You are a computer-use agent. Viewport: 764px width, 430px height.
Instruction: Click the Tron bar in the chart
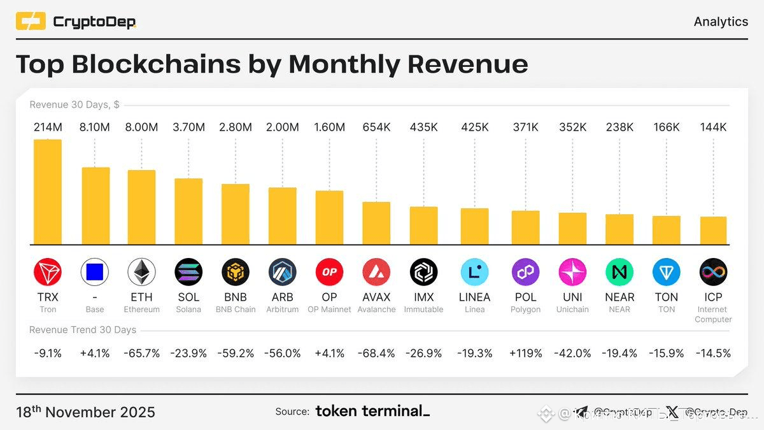[x=48, y=192]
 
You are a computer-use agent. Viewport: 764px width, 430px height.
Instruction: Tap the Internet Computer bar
[x=713, y=231]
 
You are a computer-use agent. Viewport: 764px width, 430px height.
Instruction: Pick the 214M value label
[x=48, y=127]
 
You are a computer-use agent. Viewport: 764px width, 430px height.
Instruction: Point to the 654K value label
[x=376, y=127]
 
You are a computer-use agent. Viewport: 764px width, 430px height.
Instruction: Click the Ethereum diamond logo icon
[x=141, y=273]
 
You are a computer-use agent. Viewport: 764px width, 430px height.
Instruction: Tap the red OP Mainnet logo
[x=329, y=273]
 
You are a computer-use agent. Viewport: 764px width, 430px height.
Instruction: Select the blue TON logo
[x=667, y=273]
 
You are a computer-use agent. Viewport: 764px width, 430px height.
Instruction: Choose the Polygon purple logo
[x=525, y=273]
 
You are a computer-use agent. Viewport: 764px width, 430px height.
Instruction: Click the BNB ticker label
[x=236, y=297]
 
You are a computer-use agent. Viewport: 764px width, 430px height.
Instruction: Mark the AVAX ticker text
[x=376, y=297]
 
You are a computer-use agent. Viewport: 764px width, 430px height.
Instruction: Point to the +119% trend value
[x=525, y=353]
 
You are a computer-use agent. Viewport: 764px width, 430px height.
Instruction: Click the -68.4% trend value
[x=376, y=353]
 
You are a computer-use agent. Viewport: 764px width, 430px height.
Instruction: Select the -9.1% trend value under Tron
[x=48, y=353]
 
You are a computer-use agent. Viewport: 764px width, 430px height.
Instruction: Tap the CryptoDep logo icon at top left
[x=31, y=22]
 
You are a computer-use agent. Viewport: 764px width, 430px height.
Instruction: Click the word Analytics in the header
[x=721, y=22]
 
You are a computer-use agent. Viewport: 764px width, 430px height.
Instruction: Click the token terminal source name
[x=372, y=412]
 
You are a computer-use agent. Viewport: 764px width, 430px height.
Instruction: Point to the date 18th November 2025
[x=85, y=412]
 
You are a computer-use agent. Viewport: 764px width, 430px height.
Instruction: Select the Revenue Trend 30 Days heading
[x=83, y=330]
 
